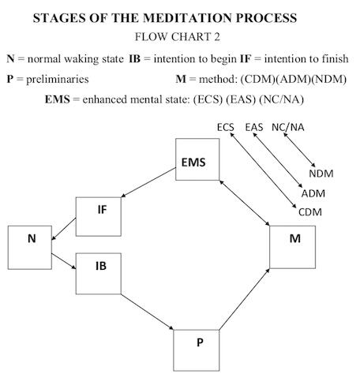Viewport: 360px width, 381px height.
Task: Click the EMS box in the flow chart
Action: tap(197, 159)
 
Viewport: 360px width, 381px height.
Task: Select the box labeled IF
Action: tap(99, 216)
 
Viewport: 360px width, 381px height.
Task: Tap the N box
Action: tap(30, 248)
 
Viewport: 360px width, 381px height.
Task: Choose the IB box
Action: tap(99, 274)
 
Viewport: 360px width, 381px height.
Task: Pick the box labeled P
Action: tap(197, 350)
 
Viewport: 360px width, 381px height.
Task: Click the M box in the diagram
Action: tap(293, 247)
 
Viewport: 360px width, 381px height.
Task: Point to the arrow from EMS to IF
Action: tap(148, 182)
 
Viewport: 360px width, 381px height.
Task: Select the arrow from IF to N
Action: tap(64, 229)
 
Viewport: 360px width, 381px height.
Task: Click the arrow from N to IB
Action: tap(64, 261)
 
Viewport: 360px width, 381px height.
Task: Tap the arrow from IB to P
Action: tap(148, 312)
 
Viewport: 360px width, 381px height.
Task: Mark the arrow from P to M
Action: tap(245, 299)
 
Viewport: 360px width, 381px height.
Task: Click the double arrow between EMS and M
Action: tap(245, 203)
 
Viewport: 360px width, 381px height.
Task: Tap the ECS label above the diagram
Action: tap(226, 127)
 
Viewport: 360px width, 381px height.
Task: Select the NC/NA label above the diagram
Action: tap(288, 127)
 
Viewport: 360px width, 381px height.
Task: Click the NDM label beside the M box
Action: tap(321, 174)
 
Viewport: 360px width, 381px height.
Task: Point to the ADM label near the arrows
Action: tap(313, 193)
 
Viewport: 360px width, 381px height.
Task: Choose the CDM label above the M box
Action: tap(310, 212)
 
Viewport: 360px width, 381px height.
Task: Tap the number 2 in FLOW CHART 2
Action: tap(216, 37)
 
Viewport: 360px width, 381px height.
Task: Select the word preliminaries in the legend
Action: tap(58, 79)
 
